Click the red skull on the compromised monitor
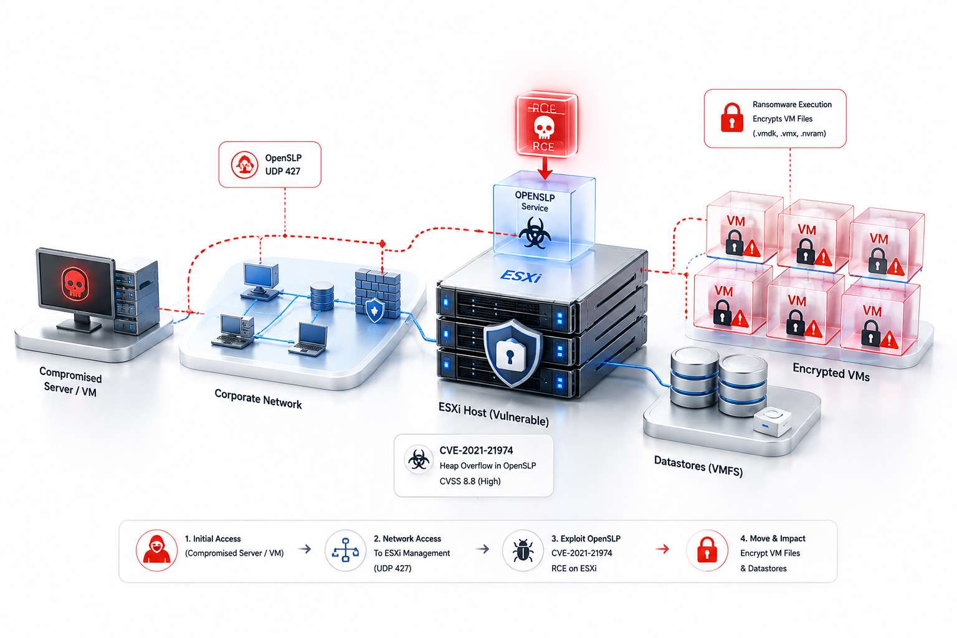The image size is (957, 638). click(75, 282)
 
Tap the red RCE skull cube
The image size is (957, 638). click(546, 123)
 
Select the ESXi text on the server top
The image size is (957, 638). click(521, 275)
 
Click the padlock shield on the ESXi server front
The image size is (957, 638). click(512, 353)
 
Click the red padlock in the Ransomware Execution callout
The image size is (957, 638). click(732, 118)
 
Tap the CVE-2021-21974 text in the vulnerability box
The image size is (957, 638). click(476, 450)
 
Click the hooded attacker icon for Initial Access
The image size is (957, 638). click(157, 550)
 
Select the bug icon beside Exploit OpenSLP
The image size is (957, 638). click(523, 550)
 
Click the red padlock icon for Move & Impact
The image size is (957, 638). click(707, 550)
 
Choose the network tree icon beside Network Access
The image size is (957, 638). click(345, 550)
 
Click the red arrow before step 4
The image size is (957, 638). click(663, 549)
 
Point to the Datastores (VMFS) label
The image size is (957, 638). click(698, 466)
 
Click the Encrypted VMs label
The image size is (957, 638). click(831, 371)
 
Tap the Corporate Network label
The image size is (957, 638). click(258, 399)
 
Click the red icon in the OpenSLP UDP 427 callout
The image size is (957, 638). click(244, 164)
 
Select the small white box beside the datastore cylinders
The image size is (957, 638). click(772, 421)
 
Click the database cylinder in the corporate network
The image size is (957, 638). click(322, 296)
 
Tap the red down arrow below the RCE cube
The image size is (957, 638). click(545, 168)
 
